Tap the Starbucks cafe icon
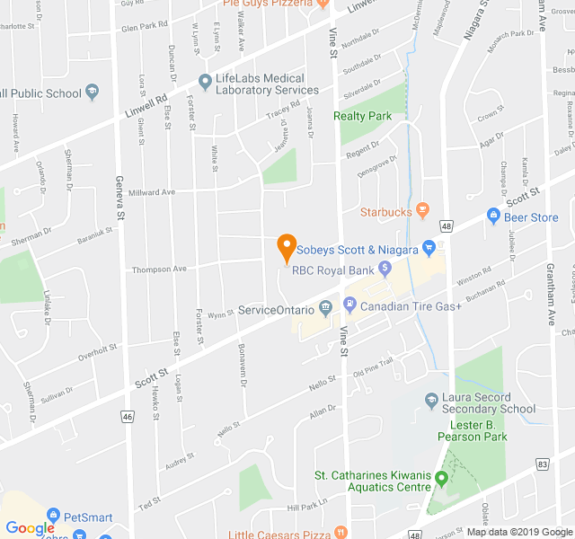pyautogui.click(x=423, y=211)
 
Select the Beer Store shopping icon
pyautogui.click(x=492, y=216)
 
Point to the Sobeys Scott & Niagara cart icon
pyautogui.click(x=429, y=248)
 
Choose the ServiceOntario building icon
pyautogui.click(x=325, y=309)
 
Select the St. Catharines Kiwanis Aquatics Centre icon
pyautogui.click(x=441, y=477)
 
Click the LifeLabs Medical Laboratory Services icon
pyautogui.click(x=205, y=79)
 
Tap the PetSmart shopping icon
pyautogui.click(x=52, y=517)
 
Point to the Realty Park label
pyautogui.click(x=362, y=116)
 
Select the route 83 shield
pyautogui.click(x=541, y=464)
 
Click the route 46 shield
pyautogui.click(x=128, y=417)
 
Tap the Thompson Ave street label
pyautogui.click(x=159, y=269)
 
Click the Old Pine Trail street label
pyautogui.click(x=373, y=367)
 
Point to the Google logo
pyautogui.click(x=30, y=528)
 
